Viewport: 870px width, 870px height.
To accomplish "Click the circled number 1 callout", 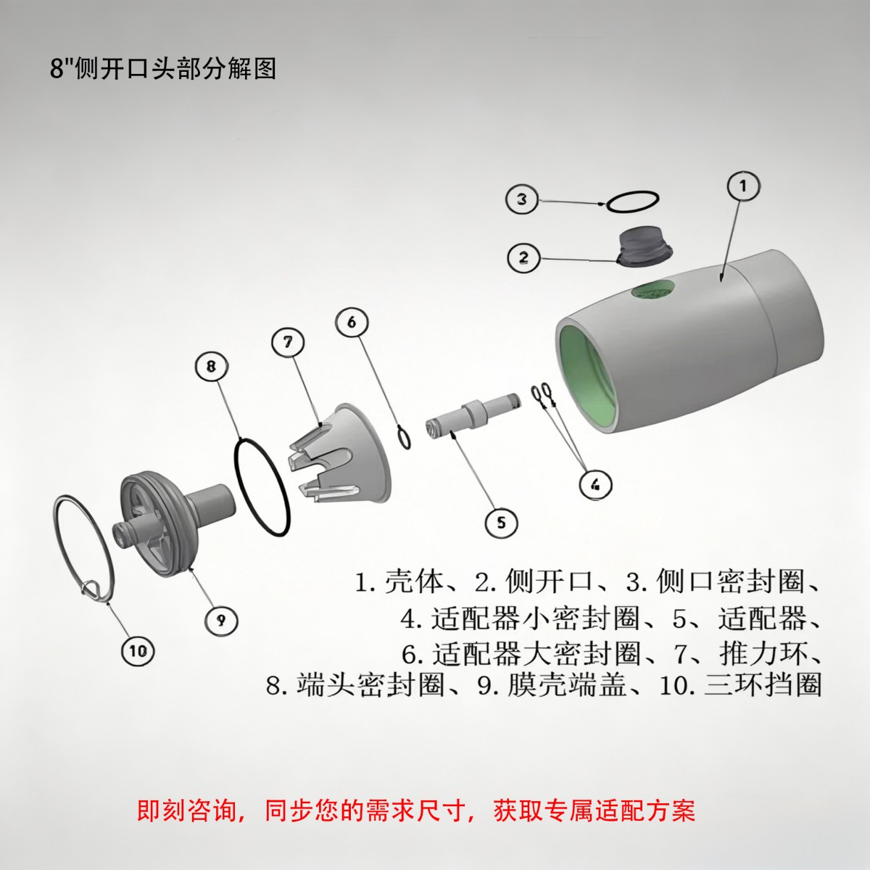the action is pyautogui.click(x=743, y=186).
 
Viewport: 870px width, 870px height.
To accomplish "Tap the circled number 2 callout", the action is pyautogui.click(x=523, y=257).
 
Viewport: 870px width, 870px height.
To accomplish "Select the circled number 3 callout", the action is pyautogui.click(x=522, y=199).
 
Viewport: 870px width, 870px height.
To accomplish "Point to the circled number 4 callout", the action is pyautogui.click(x=596, y=484).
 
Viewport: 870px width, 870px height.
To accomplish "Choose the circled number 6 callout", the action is pyautogui.click(x=352, y=323).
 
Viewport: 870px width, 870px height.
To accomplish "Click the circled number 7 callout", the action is pyautogui.click(x=288, y=343).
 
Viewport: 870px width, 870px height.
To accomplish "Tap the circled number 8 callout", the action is pyautogui.click(x=211, y=366).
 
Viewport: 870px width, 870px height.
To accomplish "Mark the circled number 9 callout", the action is pyautogui.click(x=221, y=621).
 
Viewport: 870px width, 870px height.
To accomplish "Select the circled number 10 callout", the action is pyautogui.click(x=138, y=650).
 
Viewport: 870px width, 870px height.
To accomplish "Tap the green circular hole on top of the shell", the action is pyautogui.click(x=653, y=290).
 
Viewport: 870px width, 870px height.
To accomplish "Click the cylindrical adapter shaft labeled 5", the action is pyautogui.click(x=472, y=415).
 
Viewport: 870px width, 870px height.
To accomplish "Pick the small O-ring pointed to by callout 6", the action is pyautogui.click(x=404, y=437).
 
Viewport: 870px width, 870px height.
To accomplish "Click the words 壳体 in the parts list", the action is pyautogui.click(x=415, y=581).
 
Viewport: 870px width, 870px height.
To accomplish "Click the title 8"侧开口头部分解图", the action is pyautogui.click(x=162, y=69).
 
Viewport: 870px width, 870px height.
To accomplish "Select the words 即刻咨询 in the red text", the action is pyautogui.click(x=186, y=811).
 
